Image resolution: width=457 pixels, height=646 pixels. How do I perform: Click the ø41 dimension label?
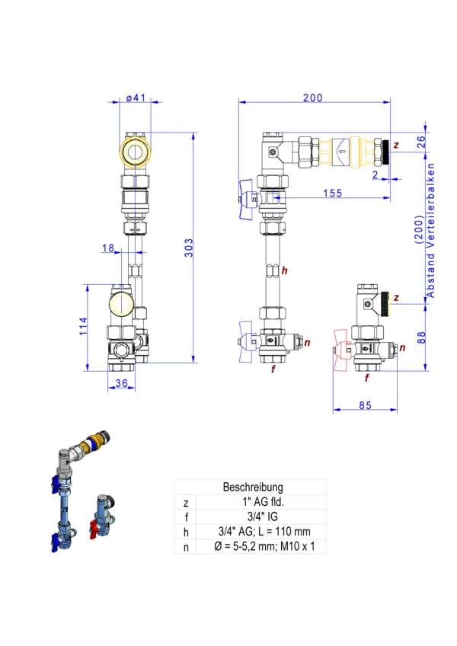coord(136,98)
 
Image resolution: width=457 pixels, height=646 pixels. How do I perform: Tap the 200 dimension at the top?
coord(312,98)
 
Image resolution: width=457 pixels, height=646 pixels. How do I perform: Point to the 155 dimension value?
coord(332,193)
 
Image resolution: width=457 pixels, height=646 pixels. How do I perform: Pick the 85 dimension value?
coord(365,405)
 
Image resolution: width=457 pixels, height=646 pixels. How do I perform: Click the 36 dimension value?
coord(120,384)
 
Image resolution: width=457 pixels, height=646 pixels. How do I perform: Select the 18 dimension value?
coord(107,248)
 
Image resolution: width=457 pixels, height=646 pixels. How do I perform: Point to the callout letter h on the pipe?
coord(283,270)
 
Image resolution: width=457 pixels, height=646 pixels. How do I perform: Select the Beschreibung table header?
coord(253,487)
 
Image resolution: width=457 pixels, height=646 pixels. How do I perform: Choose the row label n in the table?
coord(186,545)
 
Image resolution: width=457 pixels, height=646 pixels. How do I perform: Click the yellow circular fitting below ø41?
coord(136,152)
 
